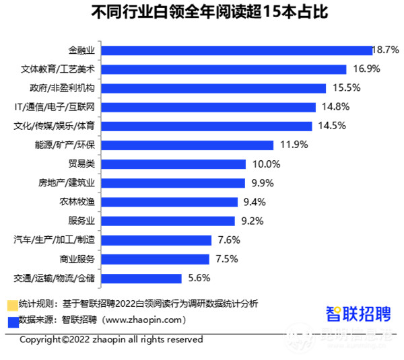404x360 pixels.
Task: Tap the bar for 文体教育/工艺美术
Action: click(x=225, y=69)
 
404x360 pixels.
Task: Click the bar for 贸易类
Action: click(x=173, y=164)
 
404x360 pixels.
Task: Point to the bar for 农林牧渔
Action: click(x=171, y=202)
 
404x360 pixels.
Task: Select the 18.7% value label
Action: click(x=388, y=50)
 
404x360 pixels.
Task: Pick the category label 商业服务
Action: click(x=80, y=259)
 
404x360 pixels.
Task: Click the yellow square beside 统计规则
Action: click(x=11, y=303)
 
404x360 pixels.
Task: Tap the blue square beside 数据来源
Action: click(x=11, y=320)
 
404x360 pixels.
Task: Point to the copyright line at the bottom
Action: click(x=111, y=340)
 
